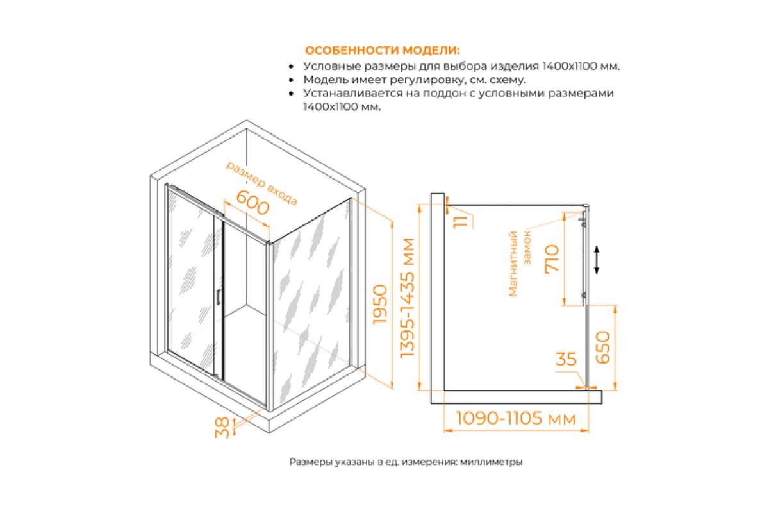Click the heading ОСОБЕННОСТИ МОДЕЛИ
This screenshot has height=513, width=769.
point(382,51)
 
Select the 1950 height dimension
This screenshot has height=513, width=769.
point(381,305)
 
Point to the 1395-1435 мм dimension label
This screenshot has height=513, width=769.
point(408,298)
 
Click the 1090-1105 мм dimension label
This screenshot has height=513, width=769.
point(516,418)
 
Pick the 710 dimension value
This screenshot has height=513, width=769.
point(552,258)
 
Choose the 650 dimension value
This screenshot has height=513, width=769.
point(603,348)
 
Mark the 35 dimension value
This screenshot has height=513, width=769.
point(566,359)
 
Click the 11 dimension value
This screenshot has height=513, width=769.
point(461,222)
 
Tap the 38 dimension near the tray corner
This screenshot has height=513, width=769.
point(222,428)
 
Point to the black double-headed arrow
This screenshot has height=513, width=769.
point(597,260)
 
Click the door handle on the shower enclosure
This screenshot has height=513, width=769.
point(219,297)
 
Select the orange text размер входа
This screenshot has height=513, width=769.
point(261,183)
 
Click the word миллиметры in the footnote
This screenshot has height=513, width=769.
point(491,462)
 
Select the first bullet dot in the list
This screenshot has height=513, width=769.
point(292,67)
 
